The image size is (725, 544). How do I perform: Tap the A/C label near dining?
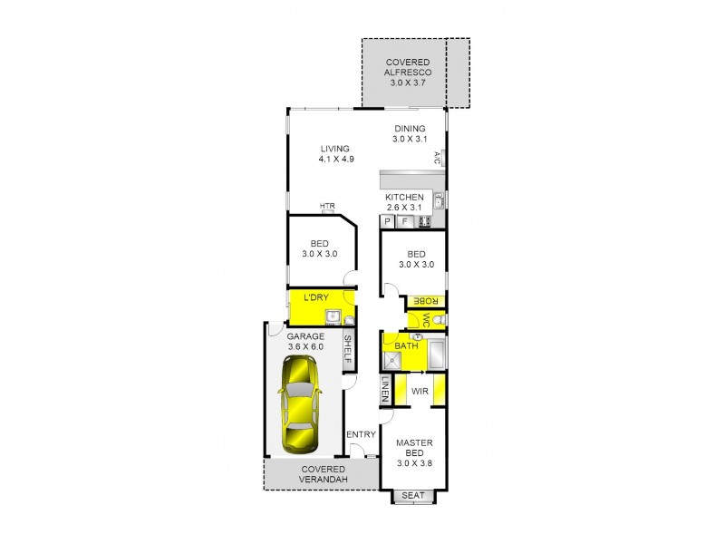(x=436, y=158)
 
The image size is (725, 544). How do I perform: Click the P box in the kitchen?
(x=387, y=221)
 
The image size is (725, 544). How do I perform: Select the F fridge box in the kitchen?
(x=405, y=221)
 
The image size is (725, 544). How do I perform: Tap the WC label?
(x=423, y=320)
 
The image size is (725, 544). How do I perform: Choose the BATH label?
(x=405, y=345)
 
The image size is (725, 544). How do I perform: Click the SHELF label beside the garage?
(x=347, y=351)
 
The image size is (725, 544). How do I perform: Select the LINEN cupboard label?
(x=386, y=391)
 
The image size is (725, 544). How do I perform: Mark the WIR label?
(x=420, y=392)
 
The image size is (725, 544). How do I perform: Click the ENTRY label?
(x=362, y=435)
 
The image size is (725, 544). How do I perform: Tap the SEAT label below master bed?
(x=413, y=495)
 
